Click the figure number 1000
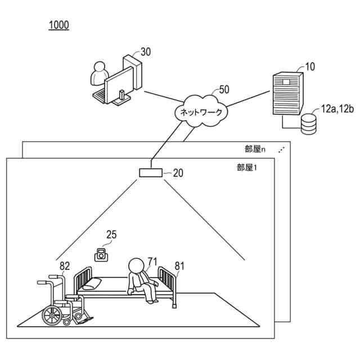point(59,25)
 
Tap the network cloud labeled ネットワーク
point(201,111)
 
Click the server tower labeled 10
point(287,93)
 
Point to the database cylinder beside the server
point(308,124)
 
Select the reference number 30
point(146,52)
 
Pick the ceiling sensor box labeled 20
point(151,173)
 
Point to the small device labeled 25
point(101,255)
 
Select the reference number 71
point(152,261)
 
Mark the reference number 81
point(180,266)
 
